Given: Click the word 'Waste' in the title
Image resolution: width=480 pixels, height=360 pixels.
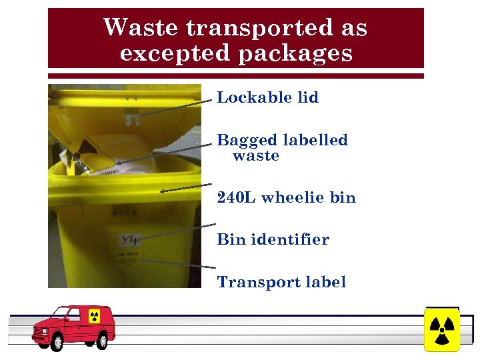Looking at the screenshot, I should pos(141,28).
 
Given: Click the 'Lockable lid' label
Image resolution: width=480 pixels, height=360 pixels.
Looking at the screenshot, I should pos(268,97).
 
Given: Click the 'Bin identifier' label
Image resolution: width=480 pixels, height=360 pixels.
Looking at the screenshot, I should pos(273,239).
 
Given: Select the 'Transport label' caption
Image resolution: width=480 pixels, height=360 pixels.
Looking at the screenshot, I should pos(281,282).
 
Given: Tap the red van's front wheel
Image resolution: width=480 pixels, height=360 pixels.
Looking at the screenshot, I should pos(55,342).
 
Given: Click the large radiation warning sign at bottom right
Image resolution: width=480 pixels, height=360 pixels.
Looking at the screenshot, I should pos(441,329).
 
